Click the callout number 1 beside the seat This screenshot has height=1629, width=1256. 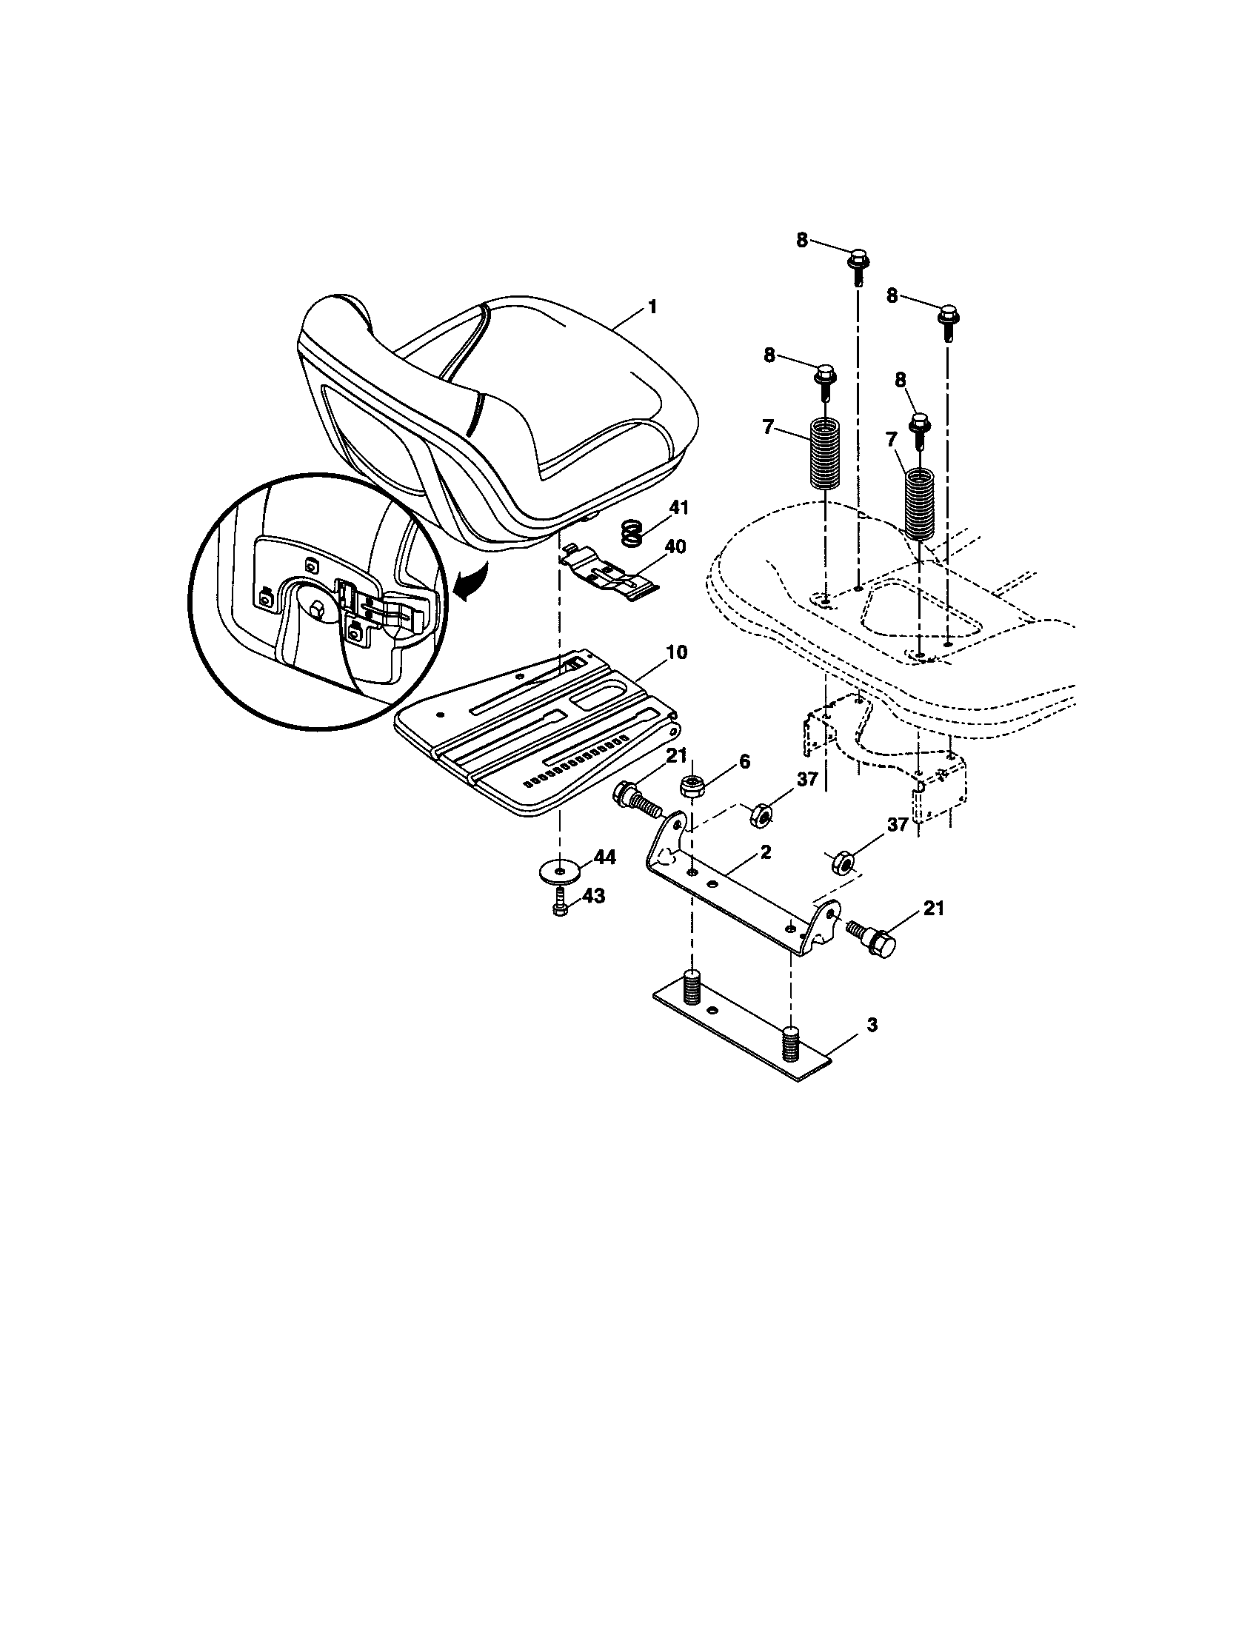652,307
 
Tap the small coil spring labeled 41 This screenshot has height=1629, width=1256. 632,534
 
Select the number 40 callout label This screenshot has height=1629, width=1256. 674,546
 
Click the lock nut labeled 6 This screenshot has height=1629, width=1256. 692,786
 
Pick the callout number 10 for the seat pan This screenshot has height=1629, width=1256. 676,652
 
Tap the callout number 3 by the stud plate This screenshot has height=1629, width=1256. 851,1026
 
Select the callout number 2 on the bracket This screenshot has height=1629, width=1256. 765,851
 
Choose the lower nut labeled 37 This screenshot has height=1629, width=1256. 843,861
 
